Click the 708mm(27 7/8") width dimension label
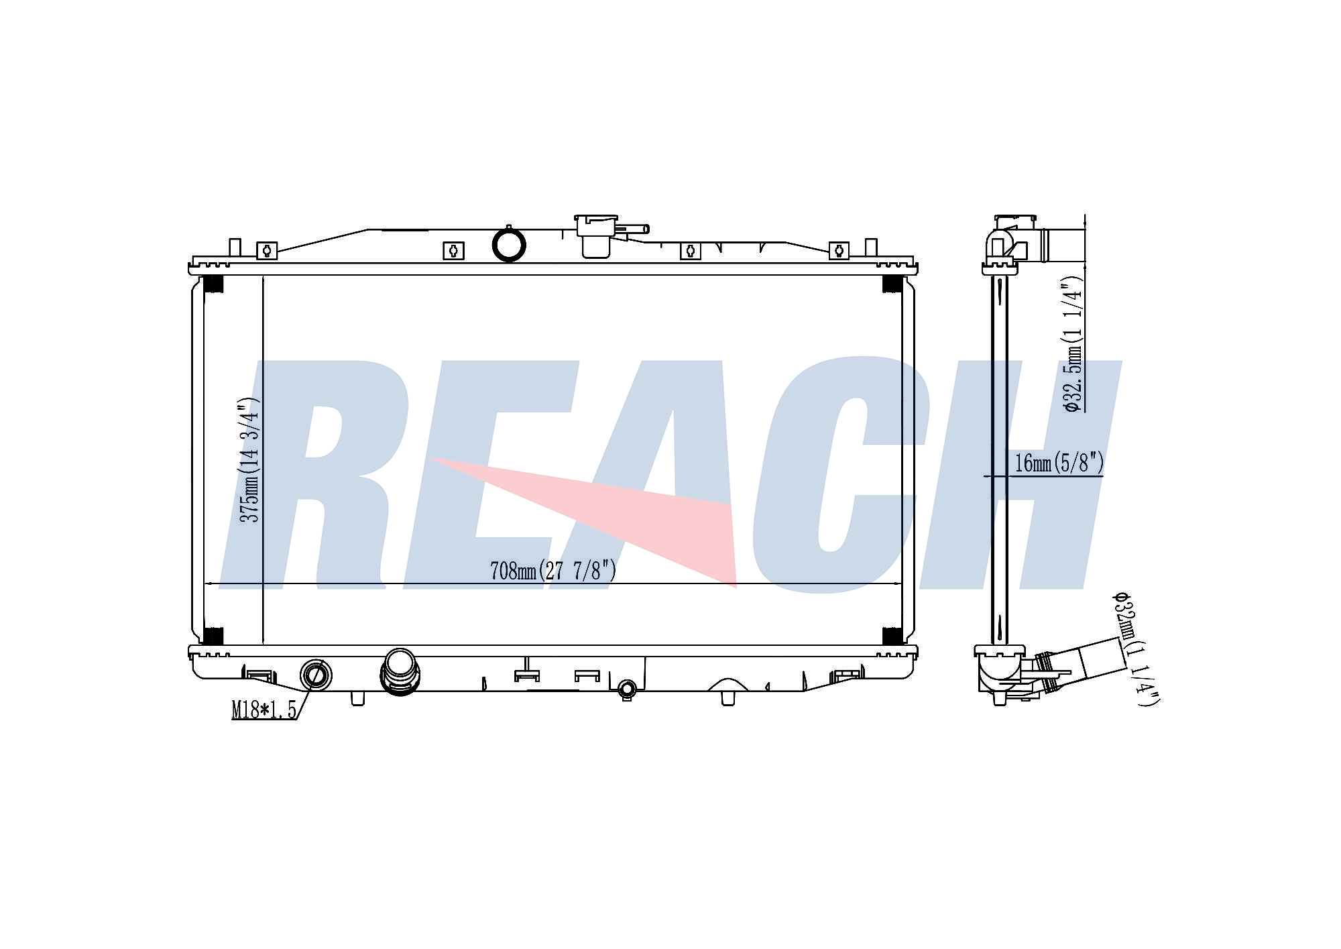pyautogui.click(x=553, y=571)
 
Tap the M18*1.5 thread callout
pyautogui.click(x=264, y=710)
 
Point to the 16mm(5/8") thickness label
pyautogui.click(x=1059, y=463)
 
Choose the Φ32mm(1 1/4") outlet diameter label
pyautogui.click(x=1136, y=649)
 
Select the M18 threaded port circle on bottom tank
pyautogui.click(x=315, y=674)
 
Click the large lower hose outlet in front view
pyautogui.click(x=400, y=671)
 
